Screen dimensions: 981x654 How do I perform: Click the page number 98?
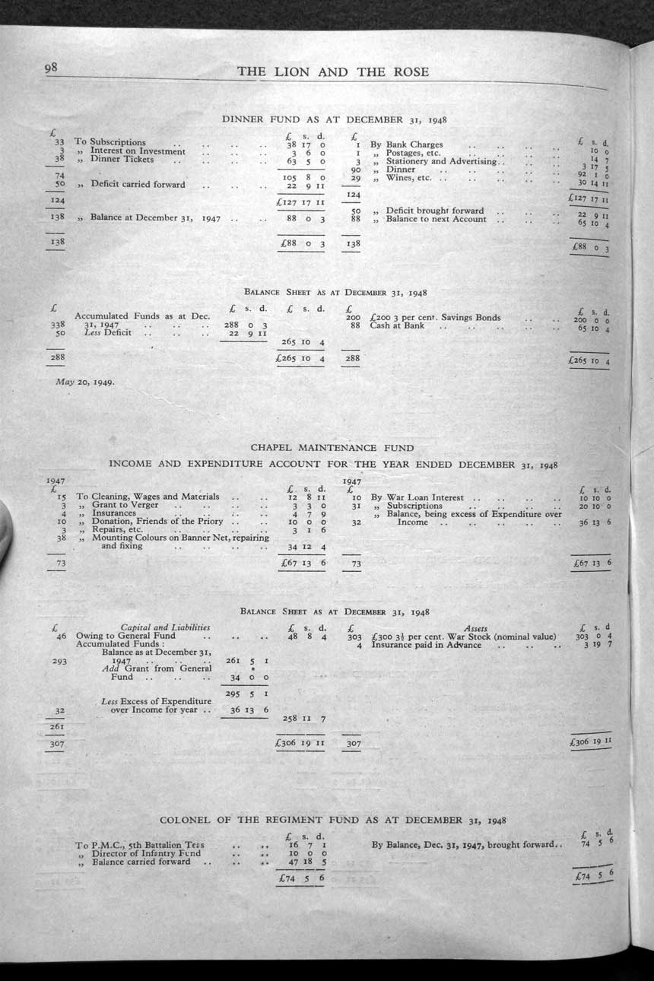pos(52,68)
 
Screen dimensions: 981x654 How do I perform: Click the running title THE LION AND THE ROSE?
pos(333,72)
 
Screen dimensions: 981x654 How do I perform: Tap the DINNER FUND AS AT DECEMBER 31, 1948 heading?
pos(334,119)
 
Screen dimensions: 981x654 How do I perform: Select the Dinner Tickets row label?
pos(122,160)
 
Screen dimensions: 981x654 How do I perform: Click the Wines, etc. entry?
pos(409,178)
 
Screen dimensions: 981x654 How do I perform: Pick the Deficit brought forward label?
pos(435,211)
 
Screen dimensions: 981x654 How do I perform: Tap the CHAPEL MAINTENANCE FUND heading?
pos(332,448)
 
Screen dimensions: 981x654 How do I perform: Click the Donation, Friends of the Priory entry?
pos(157,521)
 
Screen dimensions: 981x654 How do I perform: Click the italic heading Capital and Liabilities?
pos(166,627)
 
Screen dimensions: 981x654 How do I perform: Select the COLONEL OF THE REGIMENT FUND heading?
pos(333,820)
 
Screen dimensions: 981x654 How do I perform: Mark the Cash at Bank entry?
pos(397,325)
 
